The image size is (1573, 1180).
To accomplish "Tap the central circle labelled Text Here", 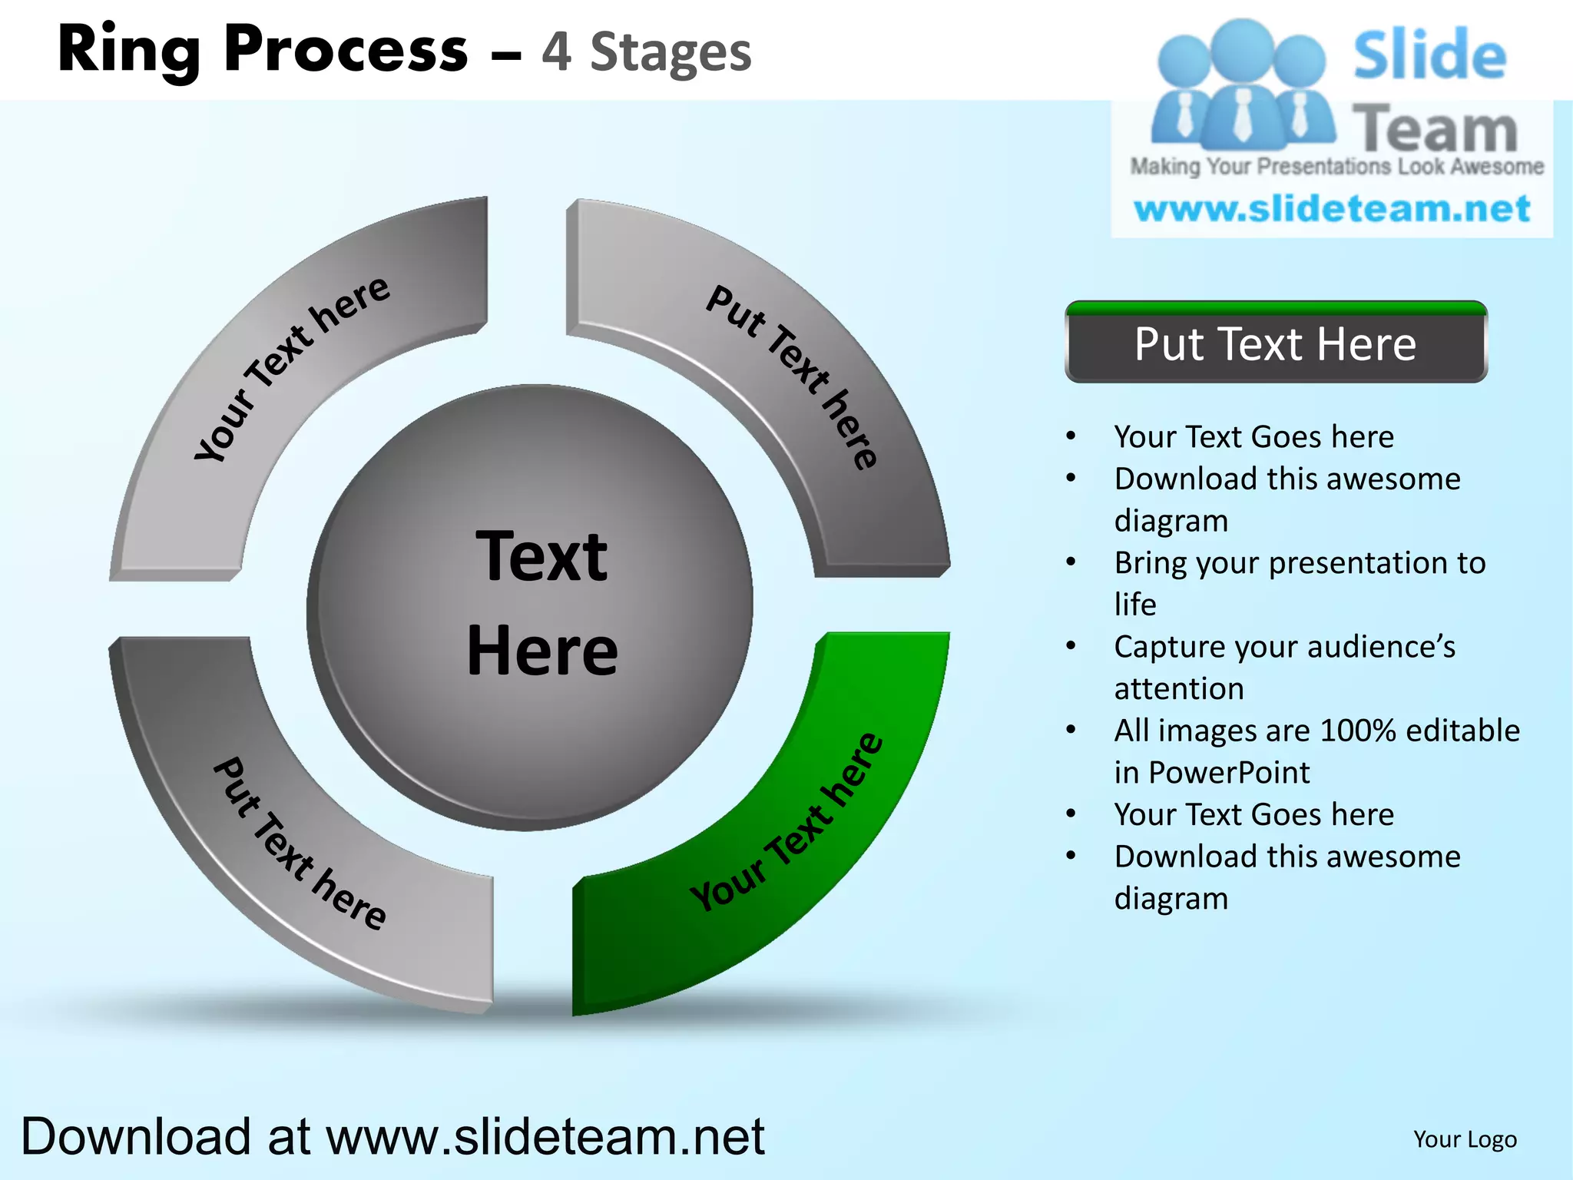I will [530, 607].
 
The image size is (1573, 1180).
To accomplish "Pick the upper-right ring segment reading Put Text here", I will [783, 376].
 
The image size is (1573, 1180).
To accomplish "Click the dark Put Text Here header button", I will [1276, 343].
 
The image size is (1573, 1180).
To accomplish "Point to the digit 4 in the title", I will [556, 52].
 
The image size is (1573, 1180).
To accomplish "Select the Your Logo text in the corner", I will [1465, 1139].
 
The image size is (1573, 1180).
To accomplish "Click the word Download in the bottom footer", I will [136, 1137].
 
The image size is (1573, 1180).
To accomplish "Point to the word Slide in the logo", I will [1429, 55].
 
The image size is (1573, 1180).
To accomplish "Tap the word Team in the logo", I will [1435, 129].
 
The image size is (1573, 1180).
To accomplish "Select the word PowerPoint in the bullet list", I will [1229, 773].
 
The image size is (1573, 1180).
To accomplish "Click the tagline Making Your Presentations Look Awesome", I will [1336, 167].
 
